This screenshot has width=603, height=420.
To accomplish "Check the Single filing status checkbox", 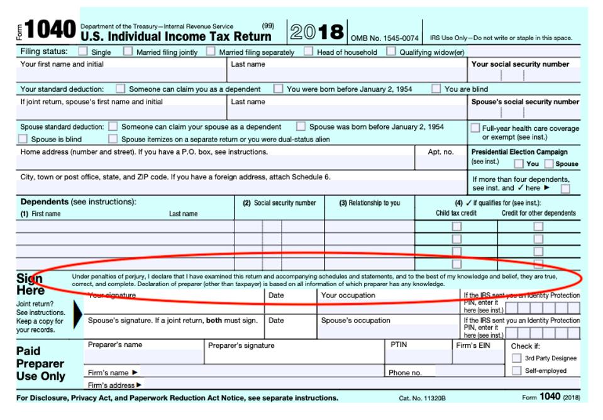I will tap(83, 52).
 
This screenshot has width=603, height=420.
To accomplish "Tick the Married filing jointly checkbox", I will tap(128, 52).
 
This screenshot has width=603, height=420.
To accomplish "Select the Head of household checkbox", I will tap(309, 52).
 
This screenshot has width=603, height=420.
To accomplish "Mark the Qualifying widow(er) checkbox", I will tap(391, 52).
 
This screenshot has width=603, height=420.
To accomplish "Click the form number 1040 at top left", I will tap(50, 30).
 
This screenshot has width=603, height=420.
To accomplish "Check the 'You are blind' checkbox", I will tap(436, 89).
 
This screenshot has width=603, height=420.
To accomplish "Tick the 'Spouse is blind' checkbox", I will tap(23, 139).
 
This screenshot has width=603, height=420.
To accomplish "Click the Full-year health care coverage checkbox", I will tap(475, 128).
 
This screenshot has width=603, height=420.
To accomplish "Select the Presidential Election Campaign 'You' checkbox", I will tap(519, 163).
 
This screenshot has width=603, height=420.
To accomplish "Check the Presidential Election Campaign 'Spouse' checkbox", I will tap(549, 163).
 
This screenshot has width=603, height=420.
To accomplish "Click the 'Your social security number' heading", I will tap(520, 64).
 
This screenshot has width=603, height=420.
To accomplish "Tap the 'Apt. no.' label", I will tap(440, 152).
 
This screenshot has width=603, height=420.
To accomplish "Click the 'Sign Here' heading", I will tap(30, 284).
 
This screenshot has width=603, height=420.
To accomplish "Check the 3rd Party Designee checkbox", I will tap(516, 358).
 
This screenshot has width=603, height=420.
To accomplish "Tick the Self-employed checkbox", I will tap(516, 371).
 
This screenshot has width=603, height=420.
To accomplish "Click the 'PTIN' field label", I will tap(399, 345).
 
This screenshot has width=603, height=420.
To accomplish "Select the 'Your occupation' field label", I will tap(348, 296).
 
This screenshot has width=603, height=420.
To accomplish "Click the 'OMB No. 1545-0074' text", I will tap(384, 38).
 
